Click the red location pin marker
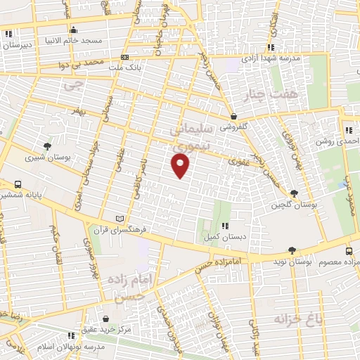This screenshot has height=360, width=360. [181, 165]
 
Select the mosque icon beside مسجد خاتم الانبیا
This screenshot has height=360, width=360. [74, 30]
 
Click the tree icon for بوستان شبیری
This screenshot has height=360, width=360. [46, 146]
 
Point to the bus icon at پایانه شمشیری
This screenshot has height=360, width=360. [17, 184]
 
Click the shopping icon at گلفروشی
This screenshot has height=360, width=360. [233, 117]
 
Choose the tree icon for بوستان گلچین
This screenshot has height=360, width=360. [293, 193]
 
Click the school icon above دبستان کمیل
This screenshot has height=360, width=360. [225, 226]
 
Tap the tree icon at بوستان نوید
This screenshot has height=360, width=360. [292, 250]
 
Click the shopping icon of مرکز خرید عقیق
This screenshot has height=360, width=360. [105, 319]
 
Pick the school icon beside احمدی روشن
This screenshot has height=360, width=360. [348, 130]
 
